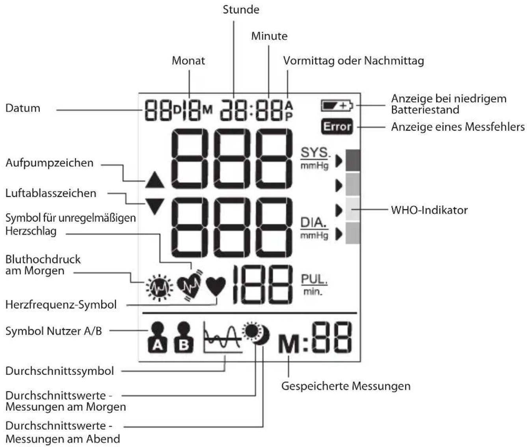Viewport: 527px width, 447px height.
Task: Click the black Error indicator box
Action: [x=337, y=127]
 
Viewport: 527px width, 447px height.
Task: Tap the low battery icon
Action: [x=337, y=105]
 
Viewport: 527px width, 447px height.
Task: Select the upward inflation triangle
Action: [x=155, y=180]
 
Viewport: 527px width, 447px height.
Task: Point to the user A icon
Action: [x=158, y=337]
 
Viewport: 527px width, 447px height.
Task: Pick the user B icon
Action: [x=184, y=337]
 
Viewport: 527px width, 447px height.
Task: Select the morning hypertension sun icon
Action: [x=159, y=288]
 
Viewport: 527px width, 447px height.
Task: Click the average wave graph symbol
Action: [x=223, y=337]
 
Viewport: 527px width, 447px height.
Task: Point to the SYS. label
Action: [x=315, y=153]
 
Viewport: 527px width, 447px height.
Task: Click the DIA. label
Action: [x=314, y=223]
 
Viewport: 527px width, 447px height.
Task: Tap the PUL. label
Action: [x=314, y=279]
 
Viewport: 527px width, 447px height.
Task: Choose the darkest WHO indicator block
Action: [x=353, y=160]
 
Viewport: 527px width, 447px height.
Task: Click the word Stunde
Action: [x=241, y=10]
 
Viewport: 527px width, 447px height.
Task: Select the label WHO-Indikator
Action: [x=429, y=210]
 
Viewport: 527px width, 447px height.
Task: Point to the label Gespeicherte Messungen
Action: [x=346, y=386]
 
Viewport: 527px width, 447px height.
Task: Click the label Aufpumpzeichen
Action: [x=49, y=163]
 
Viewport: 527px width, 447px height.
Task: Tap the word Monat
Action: [x=188, y=61]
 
